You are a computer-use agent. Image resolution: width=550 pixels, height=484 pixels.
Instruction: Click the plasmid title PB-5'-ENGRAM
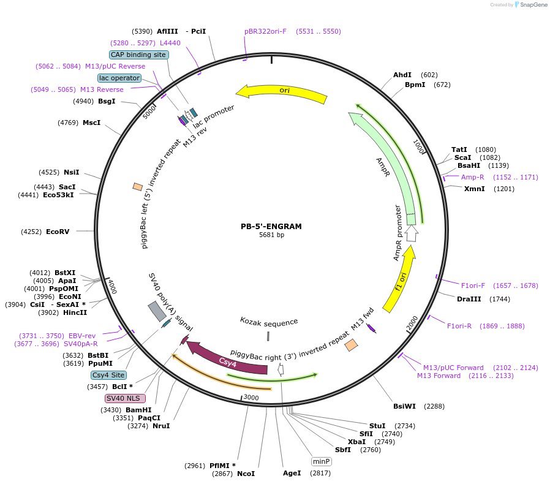click(x=271, y=226)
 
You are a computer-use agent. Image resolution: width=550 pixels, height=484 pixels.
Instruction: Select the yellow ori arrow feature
click(x=282, y=92)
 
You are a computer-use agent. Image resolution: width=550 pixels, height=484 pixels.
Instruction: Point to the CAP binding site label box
click(x=138, y=55)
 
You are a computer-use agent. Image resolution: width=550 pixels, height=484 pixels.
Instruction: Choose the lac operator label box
click(x=119, y=78)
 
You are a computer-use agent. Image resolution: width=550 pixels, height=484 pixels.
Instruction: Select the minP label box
click(x=321, y=461)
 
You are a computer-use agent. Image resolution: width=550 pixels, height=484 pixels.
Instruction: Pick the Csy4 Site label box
click(x=108, y=375)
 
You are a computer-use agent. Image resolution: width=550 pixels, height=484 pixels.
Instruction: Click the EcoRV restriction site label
click(x=58, y=232)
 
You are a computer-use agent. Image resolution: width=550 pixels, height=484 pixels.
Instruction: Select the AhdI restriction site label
click(x=402, y=75)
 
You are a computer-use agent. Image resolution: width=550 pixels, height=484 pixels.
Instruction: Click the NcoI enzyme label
click(x=246, y=474)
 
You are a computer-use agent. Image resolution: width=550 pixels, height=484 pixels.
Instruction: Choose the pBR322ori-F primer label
click(x=265, y=31)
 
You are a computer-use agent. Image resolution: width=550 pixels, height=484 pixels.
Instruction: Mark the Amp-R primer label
click(x=473, y=177)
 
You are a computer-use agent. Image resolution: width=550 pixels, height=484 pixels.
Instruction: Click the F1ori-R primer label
click(x=459, y=326)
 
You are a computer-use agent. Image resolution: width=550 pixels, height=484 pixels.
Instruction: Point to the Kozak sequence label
click(x=269, y=322)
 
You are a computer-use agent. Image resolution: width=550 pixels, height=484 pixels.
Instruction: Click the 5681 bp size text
click(x=271, y=235)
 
